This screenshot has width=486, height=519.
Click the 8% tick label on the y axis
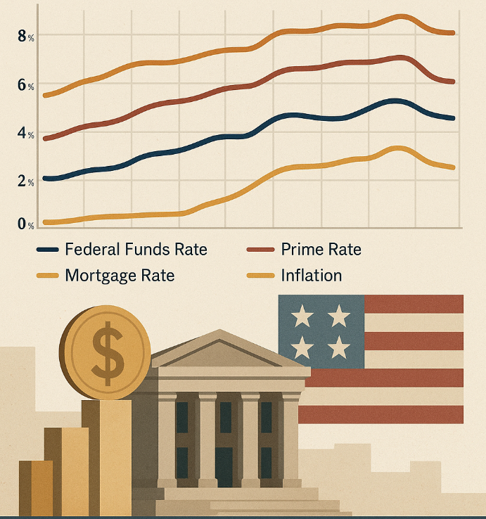point(25,36)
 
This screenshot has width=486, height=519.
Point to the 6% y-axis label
point(25,86)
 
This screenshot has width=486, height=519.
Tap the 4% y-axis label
point(25,134)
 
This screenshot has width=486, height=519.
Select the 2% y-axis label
point(25,181)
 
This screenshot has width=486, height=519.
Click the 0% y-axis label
point(25,224)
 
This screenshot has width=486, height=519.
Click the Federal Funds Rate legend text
point(136,250)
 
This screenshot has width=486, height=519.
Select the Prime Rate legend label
point(321,250)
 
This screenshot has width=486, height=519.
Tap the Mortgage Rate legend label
point(120,275)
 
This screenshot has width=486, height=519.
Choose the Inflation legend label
point(311,275)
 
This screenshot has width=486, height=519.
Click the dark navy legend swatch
point(46,250)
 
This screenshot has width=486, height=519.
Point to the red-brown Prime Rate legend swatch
point(262,250)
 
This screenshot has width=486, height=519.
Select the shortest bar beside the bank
point(35,488)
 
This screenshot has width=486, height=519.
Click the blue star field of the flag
point(321,328)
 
